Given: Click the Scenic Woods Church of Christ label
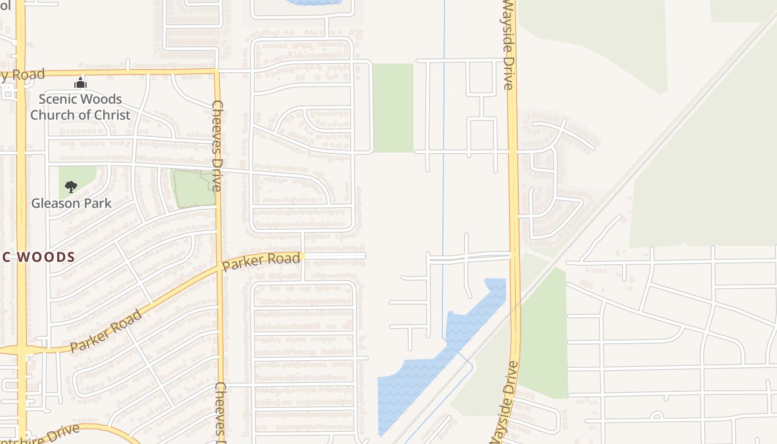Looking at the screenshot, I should pyautogui.click(x=80, y=107).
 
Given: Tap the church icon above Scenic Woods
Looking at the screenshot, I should pyautogui.click(x=80, y=84).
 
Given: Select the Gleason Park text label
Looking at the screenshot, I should pyautogui.click(x=71, y=203).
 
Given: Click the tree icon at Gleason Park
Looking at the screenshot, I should pyautogui.click(x=70, y=186).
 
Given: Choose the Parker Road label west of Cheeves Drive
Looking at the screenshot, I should pyautogui.click(x=105, y=331).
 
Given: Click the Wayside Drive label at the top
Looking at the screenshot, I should pyautogui.click(x=508, y=44).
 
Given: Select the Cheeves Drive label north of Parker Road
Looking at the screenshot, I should pyautogui.click(x=217, y=145).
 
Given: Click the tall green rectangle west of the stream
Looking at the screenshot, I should pyautogui.click(x=393, y=108).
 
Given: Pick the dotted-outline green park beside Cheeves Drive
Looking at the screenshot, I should pyautogui.click(x=193, y=189).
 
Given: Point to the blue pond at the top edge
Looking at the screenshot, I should pyautogui.click(x=314, y=2).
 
